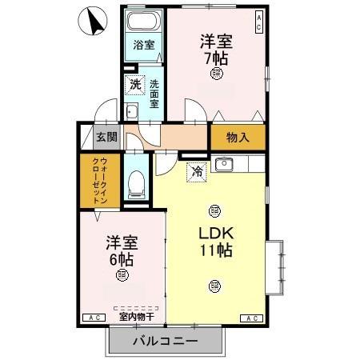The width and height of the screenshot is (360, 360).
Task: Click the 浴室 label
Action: tap(144, 45)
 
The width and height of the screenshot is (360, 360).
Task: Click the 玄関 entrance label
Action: tap(106, 137)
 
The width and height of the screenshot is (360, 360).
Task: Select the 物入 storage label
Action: tap(238, 137)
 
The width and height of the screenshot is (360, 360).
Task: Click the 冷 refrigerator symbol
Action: tap(197, 170)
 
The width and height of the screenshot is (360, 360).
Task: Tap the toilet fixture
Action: tap(135, 183)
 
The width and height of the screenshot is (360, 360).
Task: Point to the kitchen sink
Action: tap(224, 166)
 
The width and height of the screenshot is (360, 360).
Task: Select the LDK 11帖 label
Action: tap(215, 241)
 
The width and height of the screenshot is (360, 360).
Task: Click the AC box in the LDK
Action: tap(251, 318)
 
